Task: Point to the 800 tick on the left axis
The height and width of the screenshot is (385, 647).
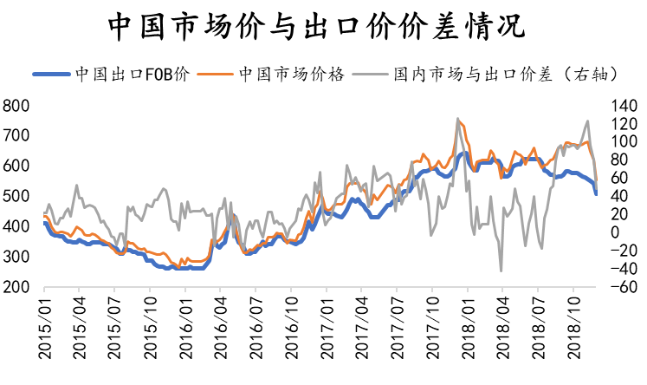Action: pos(16,106)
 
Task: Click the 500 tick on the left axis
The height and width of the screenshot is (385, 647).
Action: pos(16,197)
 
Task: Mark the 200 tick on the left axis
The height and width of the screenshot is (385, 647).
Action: pos(16,287)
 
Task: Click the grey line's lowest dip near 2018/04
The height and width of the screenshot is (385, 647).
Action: pos(501,271)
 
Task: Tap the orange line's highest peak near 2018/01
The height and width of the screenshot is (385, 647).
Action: pos(459,122)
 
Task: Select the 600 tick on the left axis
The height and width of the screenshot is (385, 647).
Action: pos(16,166)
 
